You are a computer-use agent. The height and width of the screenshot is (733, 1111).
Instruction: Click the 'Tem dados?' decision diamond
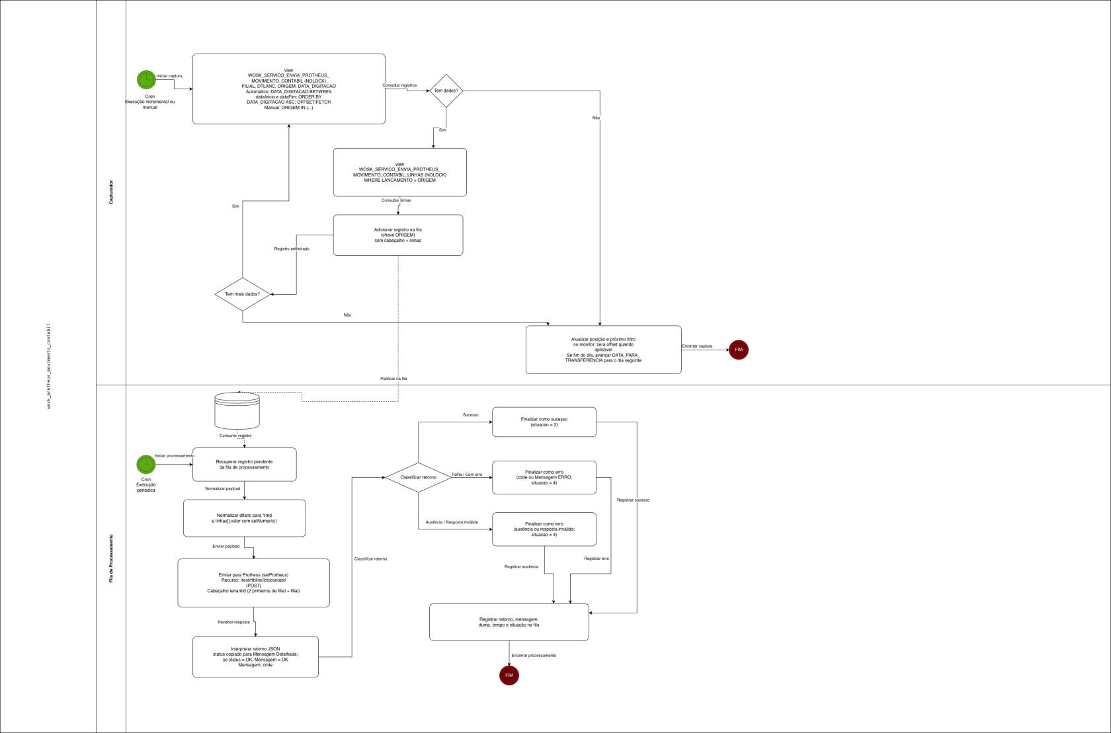pyautogui.click(x=446, y=91)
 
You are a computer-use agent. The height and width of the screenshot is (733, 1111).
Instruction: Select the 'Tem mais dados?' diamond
pyautogui.click(x=243, y=294)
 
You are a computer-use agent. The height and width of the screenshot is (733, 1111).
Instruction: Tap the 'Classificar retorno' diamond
pyautogui.click(x=418, y=477)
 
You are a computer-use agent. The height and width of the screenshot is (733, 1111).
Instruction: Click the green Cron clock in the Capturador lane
pyautogui.click(x=146, y=79)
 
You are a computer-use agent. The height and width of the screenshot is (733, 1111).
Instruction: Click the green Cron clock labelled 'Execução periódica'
pyautogui.click(x=145, y=464)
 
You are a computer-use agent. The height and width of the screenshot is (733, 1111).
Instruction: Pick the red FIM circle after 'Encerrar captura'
pyautogui.click(x=738, y=350)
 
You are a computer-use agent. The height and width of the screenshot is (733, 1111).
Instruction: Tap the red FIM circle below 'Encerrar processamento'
pyautogui.click(x=509, y=675)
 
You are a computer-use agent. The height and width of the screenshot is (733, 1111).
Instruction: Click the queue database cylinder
pyautogui.click(x=237, y=410)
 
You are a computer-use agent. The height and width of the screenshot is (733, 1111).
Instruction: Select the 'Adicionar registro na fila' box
pyautogui.click(x=397, y=235)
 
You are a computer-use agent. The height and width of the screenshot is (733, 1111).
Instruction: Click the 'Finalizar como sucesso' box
pyautogui.click(x=544, y=422)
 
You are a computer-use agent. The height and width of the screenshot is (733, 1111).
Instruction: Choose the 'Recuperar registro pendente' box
pyautogui.click(x=244, y=465)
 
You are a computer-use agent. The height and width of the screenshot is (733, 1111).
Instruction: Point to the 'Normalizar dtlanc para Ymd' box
pyautogui.click(x=244, y=518)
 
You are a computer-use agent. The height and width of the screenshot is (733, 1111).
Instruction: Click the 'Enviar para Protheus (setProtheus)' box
pyautogui.click(x=253, y=583)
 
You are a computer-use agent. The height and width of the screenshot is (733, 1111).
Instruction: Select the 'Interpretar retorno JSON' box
pyautogui.click(x=255, y=657)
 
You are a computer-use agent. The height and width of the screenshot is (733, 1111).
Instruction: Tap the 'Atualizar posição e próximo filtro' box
pyautogui.click(x=603, y=350)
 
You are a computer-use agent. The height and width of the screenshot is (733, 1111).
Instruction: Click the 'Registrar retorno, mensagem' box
pyautogui.click(x=509, y=622)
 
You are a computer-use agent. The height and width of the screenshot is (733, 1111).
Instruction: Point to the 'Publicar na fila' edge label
pyautogui.click(x=393, y=379)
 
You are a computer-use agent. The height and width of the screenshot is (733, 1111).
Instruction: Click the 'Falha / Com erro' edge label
pyautogui.click(x=467, y=475)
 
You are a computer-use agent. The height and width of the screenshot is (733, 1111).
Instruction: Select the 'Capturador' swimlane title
pyautogui.click(x=111, y=192)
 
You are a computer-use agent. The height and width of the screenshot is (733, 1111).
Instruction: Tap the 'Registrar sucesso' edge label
pyautogui.click(x=633, y=500)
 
